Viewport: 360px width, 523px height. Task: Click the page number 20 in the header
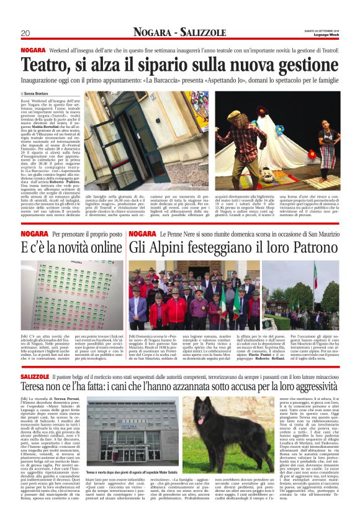[x=25, y=32]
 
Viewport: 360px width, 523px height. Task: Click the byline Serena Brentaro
[x=39, y=93]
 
